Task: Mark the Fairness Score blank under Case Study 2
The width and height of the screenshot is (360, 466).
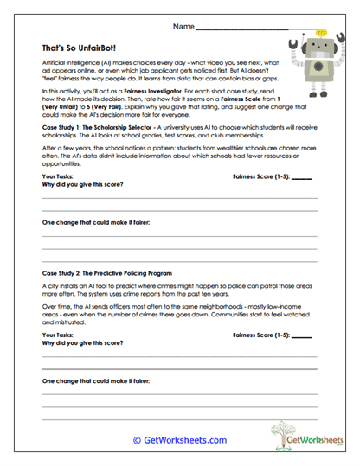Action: [x=302, y=334]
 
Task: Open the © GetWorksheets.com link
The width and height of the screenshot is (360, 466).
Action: [x=179, y=440]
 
